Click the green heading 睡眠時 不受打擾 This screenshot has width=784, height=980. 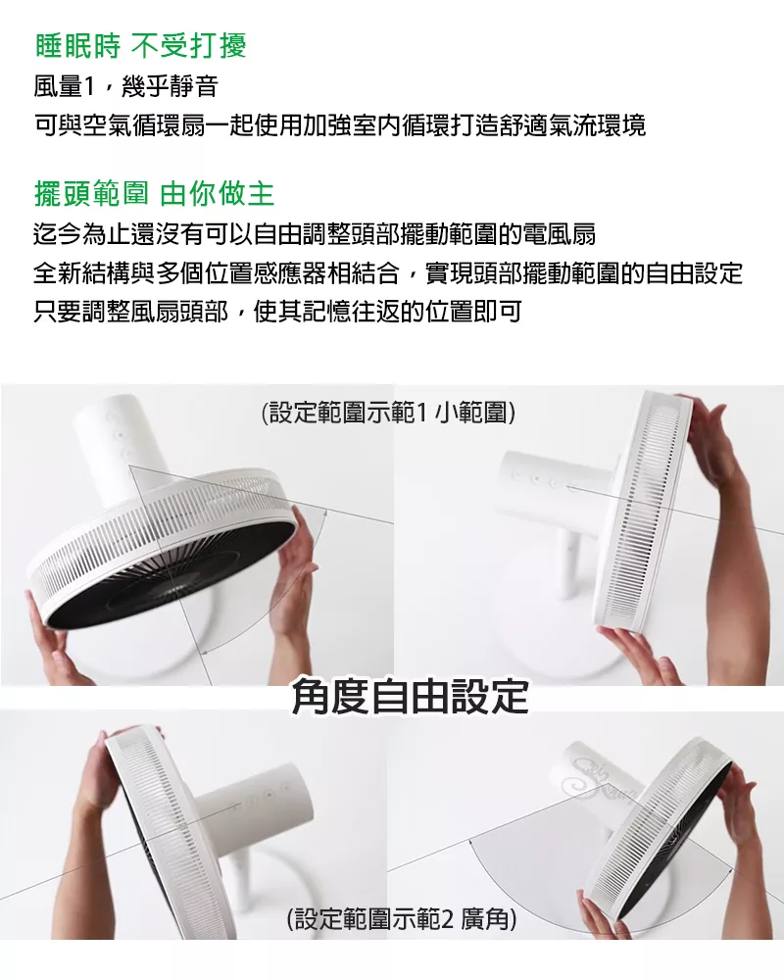[x=141, y=45]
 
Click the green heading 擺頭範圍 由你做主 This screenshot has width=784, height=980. [x=155, y=194]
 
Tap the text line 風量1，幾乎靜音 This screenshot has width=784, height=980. [x=125, y=85]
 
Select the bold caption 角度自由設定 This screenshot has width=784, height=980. [x=411, y=696]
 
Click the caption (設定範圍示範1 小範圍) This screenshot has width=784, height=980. [x=388, y=413]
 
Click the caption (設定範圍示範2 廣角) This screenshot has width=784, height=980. [x=402, y=919]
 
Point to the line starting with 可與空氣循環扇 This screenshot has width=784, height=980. [x=339, y=125]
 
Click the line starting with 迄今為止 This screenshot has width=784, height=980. [x=315, y=234]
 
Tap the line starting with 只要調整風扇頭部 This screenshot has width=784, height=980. [x=277, y=312]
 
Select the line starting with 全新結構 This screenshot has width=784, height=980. [x=388, y=273]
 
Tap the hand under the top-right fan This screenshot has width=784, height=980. [x=631, y=653]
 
